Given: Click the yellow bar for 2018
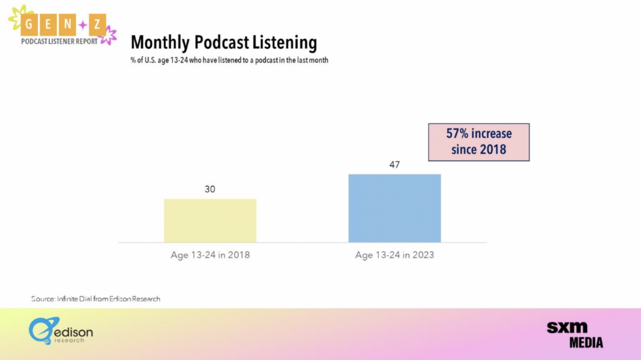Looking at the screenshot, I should (x=210, y=220).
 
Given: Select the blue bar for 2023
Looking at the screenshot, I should (x=394, y=208).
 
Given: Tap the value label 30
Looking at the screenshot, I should (x=210, y=189).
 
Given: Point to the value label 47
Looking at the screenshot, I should (x=394, y=165).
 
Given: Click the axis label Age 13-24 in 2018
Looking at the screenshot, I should (x=210, y=255).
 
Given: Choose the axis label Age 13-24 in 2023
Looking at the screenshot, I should (x=394, y=255).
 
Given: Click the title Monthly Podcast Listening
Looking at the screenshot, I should (x=223, y=43).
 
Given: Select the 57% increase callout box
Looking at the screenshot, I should (x=479, y=142).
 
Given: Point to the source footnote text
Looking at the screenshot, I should (x=96, y=299).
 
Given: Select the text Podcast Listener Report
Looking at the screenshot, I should (x=59, y=41).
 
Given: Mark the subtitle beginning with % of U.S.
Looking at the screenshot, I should (x=229, y=61).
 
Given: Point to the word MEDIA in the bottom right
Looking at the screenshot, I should (x=586, y=343).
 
